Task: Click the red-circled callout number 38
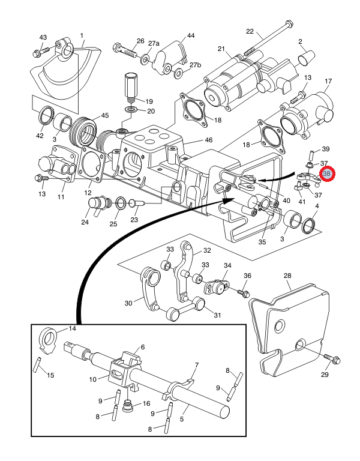(326, 173)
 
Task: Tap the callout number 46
(209, 140)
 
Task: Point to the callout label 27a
(154, 43)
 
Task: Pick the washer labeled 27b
(178, 73)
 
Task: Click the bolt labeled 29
(332, 359)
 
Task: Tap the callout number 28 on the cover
(287, 276)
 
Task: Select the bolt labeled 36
(244, 293)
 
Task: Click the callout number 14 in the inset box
(72, 328)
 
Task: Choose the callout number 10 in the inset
(93, 379)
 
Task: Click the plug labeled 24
(99, 205)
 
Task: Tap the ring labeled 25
(121, 203)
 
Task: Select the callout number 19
(149, 101)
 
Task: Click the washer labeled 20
(131, 110)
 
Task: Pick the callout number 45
(105, 115)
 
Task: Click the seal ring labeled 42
(47, 115)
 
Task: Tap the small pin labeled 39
(311, 155)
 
